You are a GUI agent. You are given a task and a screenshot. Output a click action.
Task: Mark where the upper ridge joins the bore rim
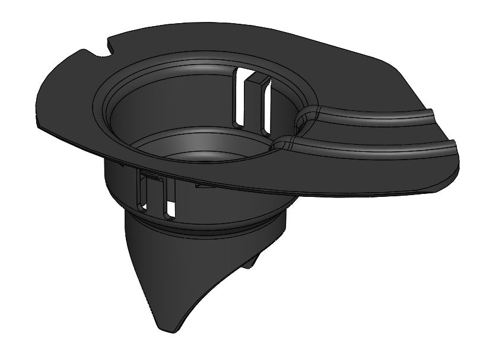303,112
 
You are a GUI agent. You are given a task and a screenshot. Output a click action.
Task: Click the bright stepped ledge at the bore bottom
178,148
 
